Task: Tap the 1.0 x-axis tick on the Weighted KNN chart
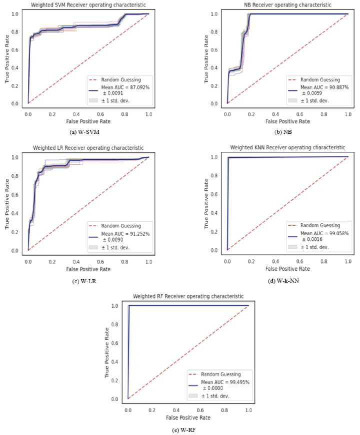348,261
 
